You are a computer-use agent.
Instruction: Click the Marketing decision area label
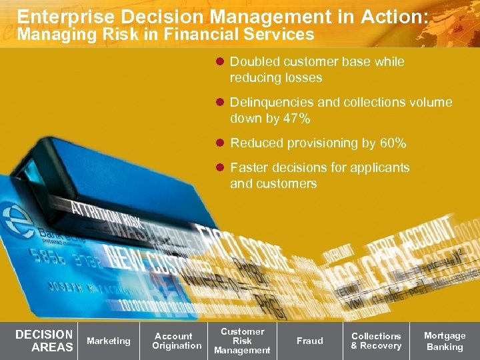coord(109,341)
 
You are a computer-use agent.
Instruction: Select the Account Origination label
coord(176,341)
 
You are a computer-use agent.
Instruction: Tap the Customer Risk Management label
coord(242,341)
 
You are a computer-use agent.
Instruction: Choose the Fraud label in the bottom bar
coord(309,341)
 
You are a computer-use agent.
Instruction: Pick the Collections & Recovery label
coord(376,341)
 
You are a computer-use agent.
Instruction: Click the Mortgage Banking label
coord(445,341)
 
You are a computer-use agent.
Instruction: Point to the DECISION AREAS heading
coord(44,341)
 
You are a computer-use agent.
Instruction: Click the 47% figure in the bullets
coord(296,119)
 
